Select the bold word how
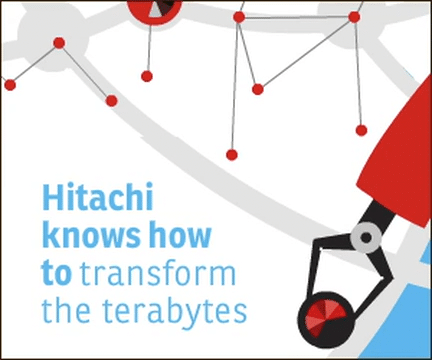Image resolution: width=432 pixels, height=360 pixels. coord(181,237)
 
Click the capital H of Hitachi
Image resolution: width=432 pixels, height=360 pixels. coord(53,200)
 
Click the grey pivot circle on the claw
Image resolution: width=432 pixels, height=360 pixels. coord(365,238)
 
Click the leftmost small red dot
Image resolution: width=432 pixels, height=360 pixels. coord(10,85)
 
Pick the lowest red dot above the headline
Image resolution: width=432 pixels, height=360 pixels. coord(231,154)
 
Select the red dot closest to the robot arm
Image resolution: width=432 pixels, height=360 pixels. coord(361,130)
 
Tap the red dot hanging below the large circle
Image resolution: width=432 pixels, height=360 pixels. coord(147,76)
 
